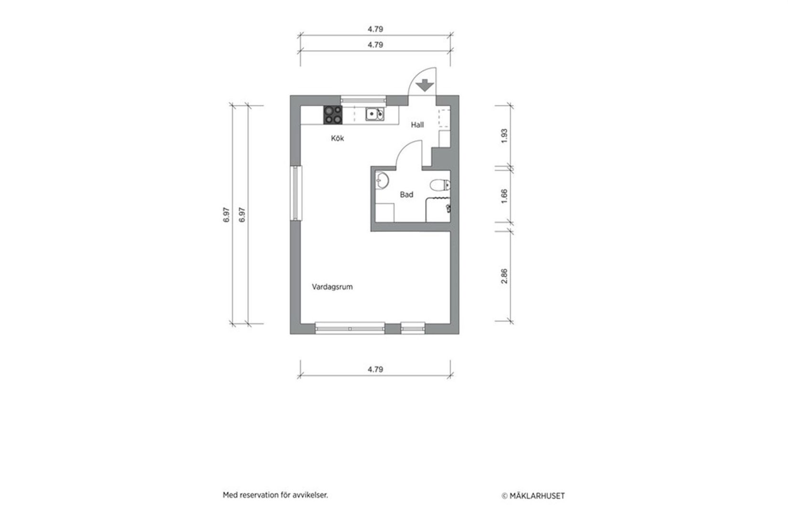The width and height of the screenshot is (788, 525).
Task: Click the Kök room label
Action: tap(338, 139)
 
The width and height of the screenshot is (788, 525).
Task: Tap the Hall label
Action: tap(417, 125)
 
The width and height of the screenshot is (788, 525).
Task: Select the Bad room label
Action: tap(406, 195)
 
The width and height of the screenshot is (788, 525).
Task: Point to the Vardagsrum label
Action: tap(332, 287)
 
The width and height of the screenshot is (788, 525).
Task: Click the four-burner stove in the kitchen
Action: tap(333, 115)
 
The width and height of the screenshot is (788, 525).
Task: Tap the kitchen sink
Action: tap(374, 114)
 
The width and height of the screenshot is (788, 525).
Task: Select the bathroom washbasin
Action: tap(382, 181)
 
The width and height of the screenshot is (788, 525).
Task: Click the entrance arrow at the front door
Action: tap(424, 87)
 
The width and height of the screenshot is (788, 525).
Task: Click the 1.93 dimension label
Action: tap(504, 136)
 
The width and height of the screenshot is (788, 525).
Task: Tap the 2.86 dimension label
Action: tap(504, 276)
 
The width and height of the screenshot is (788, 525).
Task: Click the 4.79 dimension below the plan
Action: tap(375, 370)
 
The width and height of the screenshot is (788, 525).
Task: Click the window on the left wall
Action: tap(297, 193)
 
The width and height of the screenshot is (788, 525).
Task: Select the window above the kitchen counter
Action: tap(363, 100)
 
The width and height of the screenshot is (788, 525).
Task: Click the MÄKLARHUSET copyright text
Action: tap(533, 496)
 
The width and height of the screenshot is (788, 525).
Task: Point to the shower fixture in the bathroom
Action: tap(448, 208)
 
